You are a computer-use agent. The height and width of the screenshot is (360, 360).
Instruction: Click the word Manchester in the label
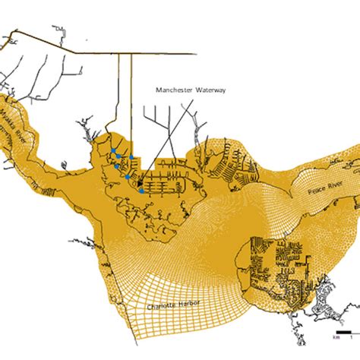pyautogui.click(x=174, y=89)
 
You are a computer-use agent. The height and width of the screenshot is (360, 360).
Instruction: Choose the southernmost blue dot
pyautogui.click(x=142, y=191)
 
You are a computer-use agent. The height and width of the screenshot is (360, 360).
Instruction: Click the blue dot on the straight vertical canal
pyautogui.click(x=131, y=157)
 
